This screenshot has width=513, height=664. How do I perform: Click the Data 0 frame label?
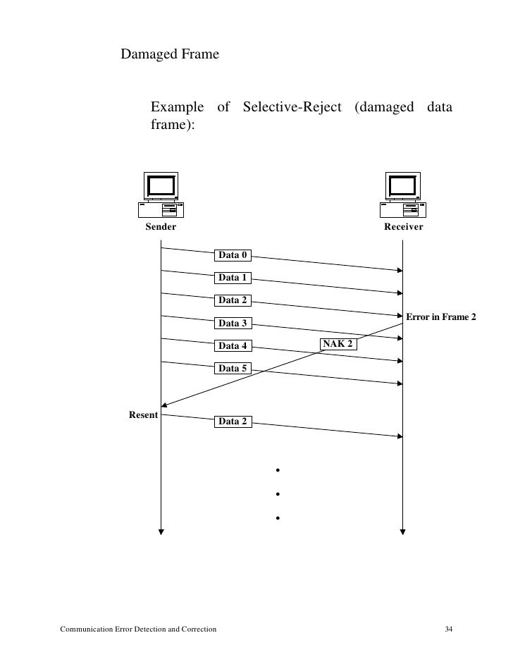pyautogui.click(x=233, y=255)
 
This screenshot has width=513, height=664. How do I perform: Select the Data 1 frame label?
pyautogui.click(x=233, y=278)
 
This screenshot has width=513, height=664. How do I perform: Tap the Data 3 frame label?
pyautogui.click(x=233, y=324)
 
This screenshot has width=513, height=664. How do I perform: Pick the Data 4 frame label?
pyautogui.click(x=233, y=346)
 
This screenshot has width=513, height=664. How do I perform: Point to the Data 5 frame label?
pyautogui.click(x=233, y=368)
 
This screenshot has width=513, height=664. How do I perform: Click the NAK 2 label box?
pyautogui.click(x=338, y=344)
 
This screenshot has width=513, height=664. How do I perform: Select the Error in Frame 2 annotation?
pyautogui.click(x=441, y=317)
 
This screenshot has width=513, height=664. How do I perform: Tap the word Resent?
pyautogui.click(x=143, y=414)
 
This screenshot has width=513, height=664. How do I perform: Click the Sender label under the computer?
pyautogui.click(x=161, y=227)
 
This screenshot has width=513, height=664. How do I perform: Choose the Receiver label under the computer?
pyautogui.click(x=403, y=227)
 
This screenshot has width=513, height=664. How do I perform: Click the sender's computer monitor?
pyautogui.click(x=161, y=185)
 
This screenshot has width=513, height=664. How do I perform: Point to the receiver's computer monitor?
pyautogui.click(x=402, y=185)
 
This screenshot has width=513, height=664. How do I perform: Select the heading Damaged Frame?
pyautogui.click(x=170, y=54)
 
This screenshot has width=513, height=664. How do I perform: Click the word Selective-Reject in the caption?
pyautogui.click(x=292, y=108)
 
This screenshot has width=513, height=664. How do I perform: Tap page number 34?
pyautogui.click(x=449, y=628)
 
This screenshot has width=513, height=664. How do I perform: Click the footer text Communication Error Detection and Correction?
pyautogui.click(x=138, y=628)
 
